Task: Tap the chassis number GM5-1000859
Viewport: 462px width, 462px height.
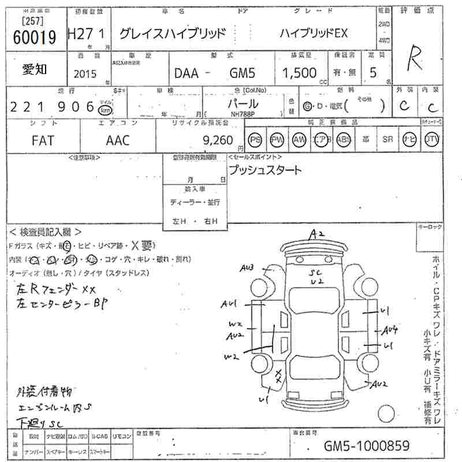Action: [x=367, y=446]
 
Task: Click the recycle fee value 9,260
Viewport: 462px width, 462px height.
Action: [x=218, y=140]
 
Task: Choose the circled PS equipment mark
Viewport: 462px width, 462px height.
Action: [x=255, y=140]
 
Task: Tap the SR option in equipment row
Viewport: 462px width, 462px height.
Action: [x=388, y=140]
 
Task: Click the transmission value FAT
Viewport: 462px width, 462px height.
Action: [x=43, y=140]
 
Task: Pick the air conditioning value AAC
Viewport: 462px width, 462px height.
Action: [x=118, y=140]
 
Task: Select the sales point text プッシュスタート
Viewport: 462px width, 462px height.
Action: [x=265, y=170]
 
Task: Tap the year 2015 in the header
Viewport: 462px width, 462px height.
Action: [x=85, y=73]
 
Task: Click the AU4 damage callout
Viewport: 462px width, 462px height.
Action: [x=391, y=330]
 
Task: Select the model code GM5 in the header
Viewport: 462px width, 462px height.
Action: [x=244, y=73]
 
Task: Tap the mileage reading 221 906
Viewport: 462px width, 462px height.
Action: [x=53, y=107]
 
